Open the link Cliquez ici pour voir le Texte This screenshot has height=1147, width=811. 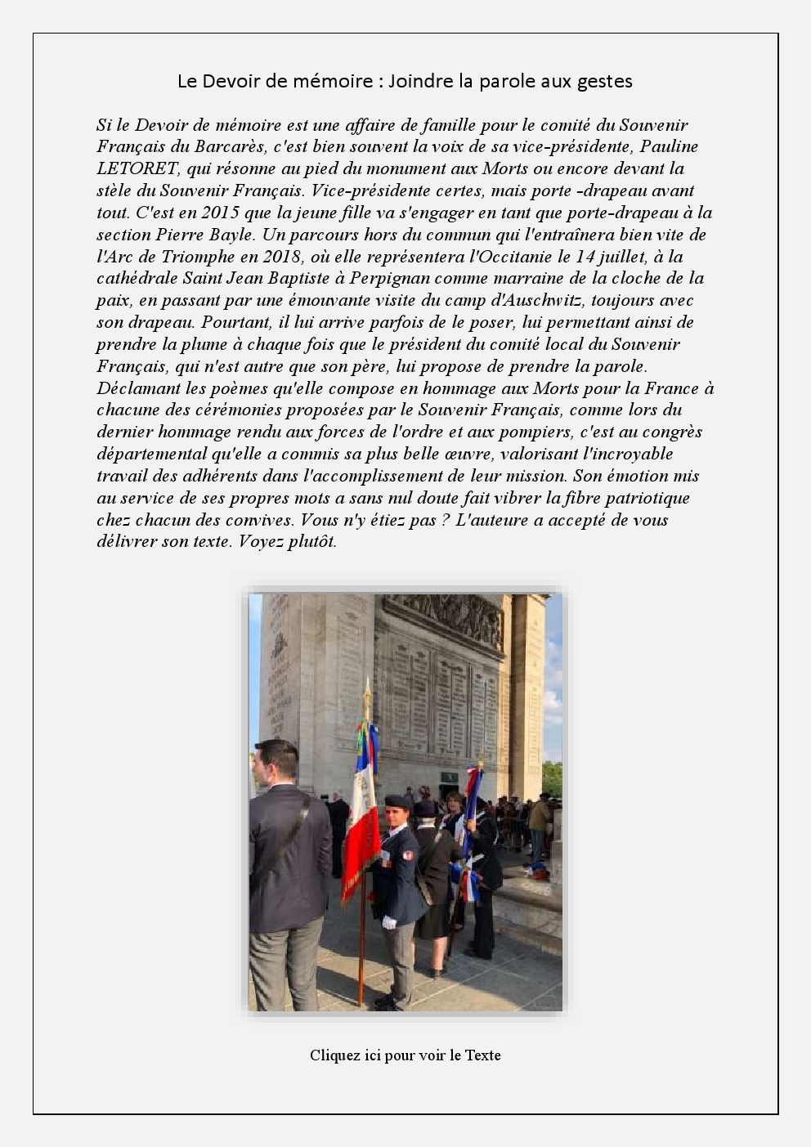click(x=405, y=1055)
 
